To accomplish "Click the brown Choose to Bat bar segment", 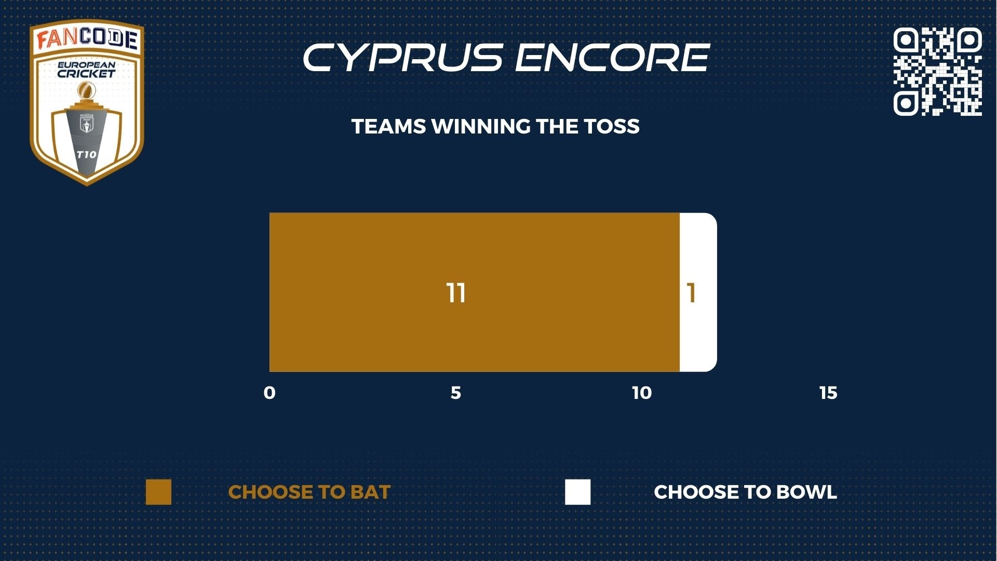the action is [475, 292].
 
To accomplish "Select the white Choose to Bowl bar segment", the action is [698, 292].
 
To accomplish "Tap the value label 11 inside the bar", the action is [456, 293].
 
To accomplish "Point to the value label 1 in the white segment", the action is [691, 293].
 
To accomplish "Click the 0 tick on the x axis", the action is [270, 393].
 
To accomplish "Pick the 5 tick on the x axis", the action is [456, 393].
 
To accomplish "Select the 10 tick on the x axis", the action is [642, 393].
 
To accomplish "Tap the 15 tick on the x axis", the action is [829, 393].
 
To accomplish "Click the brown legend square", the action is [158, 492].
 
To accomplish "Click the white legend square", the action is [578, 492].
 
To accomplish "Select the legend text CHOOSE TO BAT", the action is [309, 492].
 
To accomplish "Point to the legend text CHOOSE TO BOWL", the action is [746, 492].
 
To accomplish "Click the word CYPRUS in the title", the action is [403, 57].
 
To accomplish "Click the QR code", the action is [937, 71].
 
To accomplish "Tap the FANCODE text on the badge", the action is [87, 39].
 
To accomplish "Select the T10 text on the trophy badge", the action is [87, 154].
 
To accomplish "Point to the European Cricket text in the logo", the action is [87, 70].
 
